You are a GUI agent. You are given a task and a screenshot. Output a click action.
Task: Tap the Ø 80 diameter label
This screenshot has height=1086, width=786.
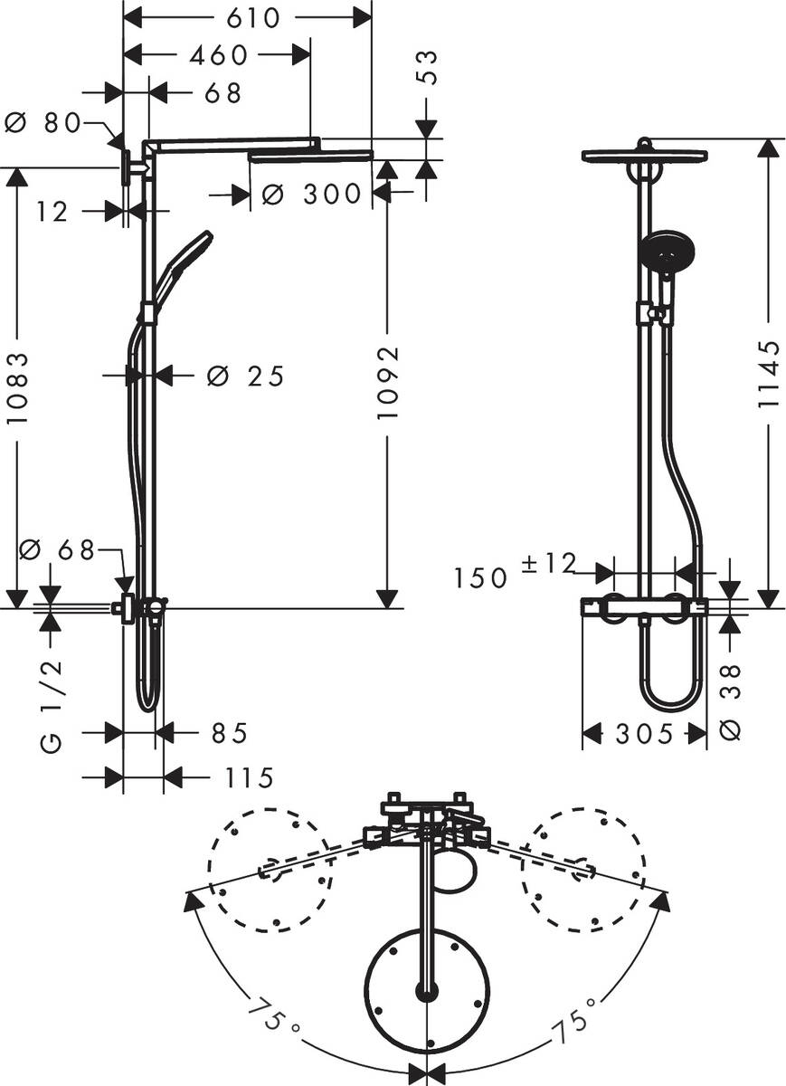(x=43, y=123)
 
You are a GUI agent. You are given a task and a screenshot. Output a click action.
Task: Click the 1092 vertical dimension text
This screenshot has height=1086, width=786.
(x=387, y=380)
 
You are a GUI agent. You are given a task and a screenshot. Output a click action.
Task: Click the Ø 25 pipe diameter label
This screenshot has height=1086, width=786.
(x=244, y=375)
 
